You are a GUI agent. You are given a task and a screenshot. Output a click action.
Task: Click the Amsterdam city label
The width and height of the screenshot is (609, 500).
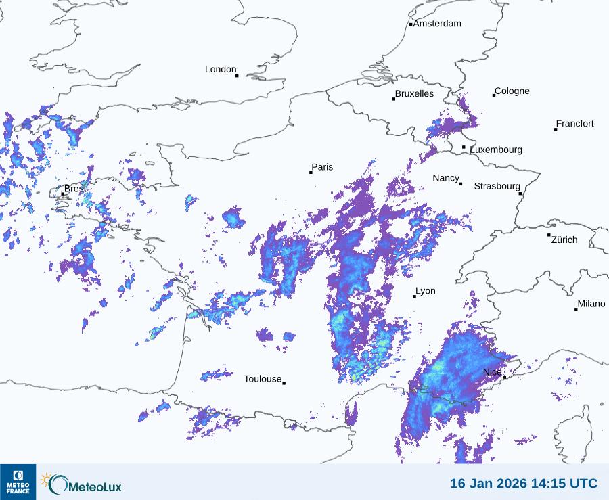pos(437,24)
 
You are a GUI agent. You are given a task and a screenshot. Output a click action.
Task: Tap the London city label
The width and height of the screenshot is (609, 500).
pos(221,69)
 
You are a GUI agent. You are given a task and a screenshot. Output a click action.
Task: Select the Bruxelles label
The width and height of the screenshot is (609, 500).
pos(414,94)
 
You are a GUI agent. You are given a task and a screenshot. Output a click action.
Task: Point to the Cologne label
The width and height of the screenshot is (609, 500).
pos(512,91)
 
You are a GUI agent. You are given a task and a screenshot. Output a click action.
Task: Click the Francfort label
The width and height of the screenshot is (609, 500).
pos(575,124)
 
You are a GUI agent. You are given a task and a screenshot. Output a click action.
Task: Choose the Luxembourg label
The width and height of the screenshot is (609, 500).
pos(496,150)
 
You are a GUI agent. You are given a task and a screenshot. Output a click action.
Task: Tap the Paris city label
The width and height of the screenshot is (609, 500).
pos(322,167)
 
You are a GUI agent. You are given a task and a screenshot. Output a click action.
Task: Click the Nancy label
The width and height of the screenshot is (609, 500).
pos(446,178)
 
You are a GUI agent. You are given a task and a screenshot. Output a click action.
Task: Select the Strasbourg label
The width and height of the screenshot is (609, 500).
pos(497,186)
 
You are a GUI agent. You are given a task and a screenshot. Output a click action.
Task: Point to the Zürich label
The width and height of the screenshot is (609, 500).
pos(564,240)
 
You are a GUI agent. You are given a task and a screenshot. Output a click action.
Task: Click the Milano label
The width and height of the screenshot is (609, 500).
pos(591,304)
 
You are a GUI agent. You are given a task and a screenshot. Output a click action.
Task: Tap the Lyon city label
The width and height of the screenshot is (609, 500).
pos(426,291)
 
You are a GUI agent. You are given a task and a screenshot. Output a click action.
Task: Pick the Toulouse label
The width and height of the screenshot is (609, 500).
pos(263,379)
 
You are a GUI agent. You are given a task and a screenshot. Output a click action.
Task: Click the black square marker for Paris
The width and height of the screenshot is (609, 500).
pos(311,173)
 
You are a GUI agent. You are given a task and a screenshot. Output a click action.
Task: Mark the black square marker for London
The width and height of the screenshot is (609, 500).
pos(237,76)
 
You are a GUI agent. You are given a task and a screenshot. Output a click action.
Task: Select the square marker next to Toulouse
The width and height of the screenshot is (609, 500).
pos(284,383)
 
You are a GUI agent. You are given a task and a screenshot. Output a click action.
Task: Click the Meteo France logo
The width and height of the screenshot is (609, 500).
pos(18,482)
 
